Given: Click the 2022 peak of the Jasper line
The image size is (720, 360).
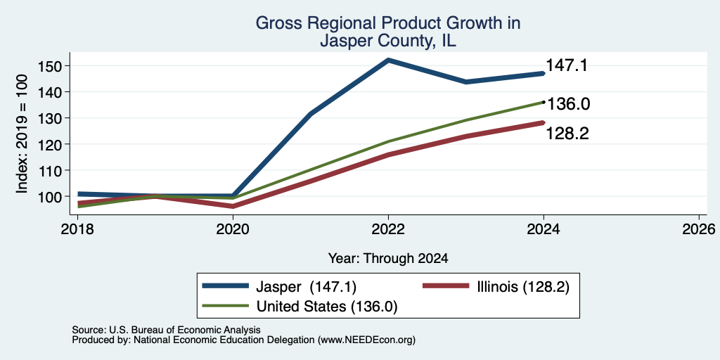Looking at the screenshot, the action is (388, 60).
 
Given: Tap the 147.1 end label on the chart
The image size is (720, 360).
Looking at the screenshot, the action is (567, 65).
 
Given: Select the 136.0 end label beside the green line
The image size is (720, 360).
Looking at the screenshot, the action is (568, 104).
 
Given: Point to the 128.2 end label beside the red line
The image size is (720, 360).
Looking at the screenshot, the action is (567, 134).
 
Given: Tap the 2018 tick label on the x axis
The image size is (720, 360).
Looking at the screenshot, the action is (77, 229).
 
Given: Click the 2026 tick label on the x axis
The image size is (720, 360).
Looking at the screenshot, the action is (699, 229).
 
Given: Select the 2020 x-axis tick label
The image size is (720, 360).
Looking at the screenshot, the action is (233, 229).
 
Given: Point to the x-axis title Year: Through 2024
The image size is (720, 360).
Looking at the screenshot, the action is (388, 259).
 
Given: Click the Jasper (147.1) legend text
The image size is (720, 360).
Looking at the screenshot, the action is (305, 287).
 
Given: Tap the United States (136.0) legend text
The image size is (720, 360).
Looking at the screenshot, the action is (326, 307).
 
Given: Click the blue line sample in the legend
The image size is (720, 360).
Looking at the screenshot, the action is (226, 286).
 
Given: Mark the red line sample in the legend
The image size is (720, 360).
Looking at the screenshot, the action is (445, 286).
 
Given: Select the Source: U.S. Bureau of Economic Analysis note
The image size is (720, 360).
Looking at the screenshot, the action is (166, 330).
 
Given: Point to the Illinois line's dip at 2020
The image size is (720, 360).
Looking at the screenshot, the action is (233, 206).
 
